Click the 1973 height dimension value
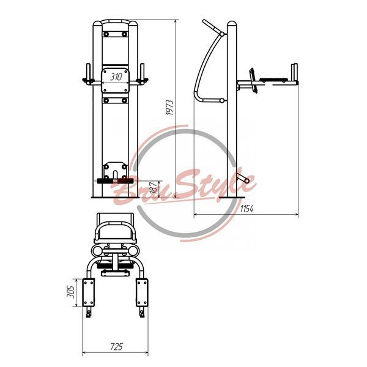pyautogui.click(x=170, y=108)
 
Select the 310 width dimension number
pyautogui.click(x=116, y=77)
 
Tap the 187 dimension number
pyautogui.click(x=154, y=187)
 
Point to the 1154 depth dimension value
pyautogui.click(x=247, y=209)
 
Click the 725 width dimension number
pyautogui.click(x=116, y=347)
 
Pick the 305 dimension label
pyautogui.click(x=71, y=292)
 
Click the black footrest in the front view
pyautogui.click(x=115, y=181)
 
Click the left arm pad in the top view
pyautogui.click(x=89, y=292)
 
